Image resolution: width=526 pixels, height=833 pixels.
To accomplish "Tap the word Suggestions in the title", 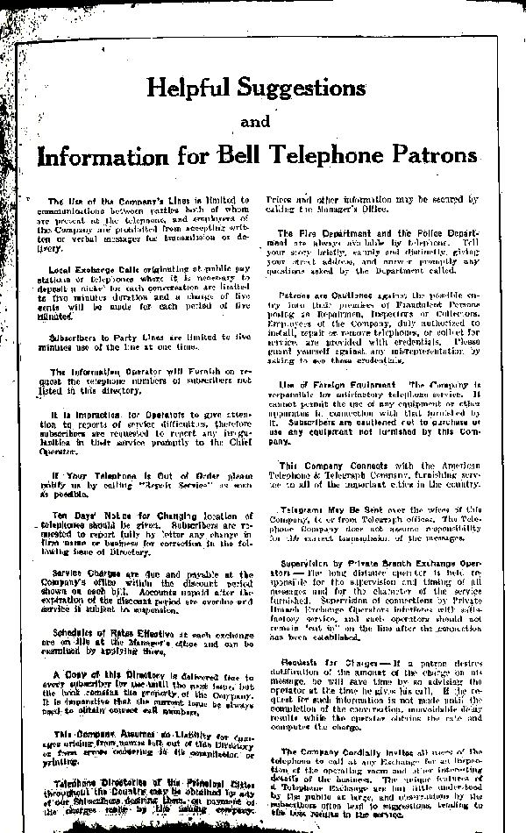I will [x=298, y=88].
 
